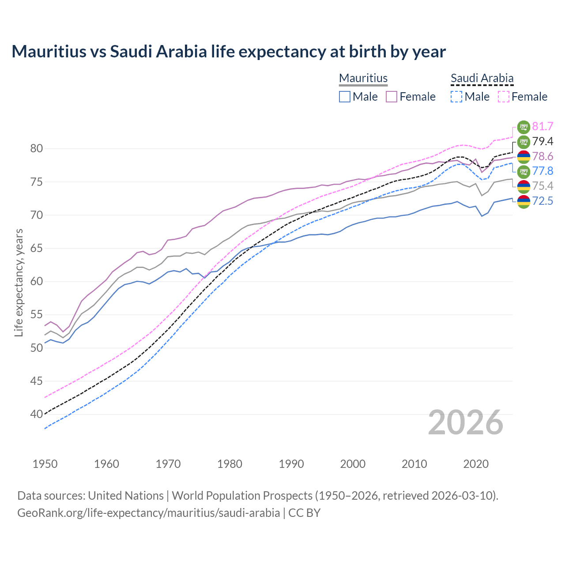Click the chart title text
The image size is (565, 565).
click(x=229, y=52)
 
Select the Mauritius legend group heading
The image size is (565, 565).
click(x=363, y=78)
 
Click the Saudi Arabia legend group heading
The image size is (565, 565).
click(x=482, y=78)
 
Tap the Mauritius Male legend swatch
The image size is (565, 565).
click(x=345, y=97)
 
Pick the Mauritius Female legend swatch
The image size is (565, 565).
click(x=392, y=97)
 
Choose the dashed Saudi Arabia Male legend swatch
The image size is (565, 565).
click(x=456, y=97)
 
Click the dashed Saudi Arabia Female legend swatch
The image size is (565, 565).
click(x=503, y=97)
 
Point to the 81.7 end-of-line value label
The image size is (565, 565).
click(x=542, y=127)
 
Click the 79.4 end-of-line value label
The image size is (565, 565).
click(x=542, y=142)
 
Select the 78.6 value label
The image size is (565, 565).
click(x=542, y=157)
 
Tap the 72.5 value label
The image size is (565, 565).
click(x=542, y=201)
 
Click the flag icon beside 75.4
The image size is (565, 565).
click(x=524, y=186)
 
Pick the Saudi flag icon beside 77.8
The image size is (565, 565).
click(x=524, y=171)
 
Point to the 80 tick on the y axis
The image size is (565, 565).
click(x=37, y=149)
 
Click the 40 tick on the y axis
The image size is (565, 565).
click(x=37, y=414)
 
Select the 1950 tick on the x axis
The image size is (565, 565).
click(x=45, y=464)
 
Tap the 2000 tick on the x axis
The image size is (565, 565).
click(x=353, y=464)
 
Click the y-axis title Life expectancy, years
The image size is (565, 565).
click(x=19, y=282)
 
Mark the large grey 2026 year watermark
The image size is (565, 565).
click(x=465, y=423)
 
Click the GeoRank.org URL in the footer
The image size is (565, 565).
click(x=148, y=513)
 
